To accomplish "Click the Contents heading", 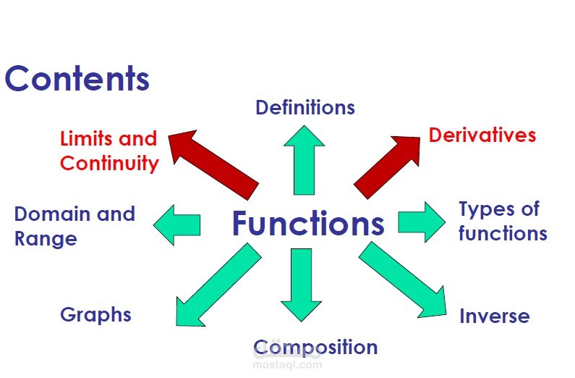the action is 77,78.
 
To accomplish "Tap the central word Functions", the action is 308,223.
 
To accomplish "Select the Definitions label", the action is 305,107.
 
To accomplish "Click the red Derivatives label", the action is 482,135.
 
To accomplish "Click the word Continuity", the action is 109,164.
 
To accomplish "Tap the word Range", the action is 46,239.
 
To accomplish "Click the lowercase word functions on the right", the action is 503,232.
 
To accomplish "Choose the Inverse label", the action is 495,316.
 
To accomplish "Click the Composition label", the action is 315,347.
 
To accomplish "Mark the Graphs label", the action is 95,315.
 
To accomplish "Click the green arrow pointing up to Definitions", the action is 304,160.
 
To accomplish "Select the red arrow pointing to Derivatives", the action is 387,168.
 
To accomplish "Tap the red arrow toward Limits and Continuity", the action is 213,165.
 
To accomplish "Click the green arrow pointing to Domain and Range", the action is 177,224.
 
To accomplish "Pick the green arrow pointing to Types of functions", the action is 422,222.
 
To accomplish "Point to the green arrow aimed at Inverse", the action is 403,280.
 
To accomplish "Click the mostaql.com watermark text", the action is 288,364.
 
